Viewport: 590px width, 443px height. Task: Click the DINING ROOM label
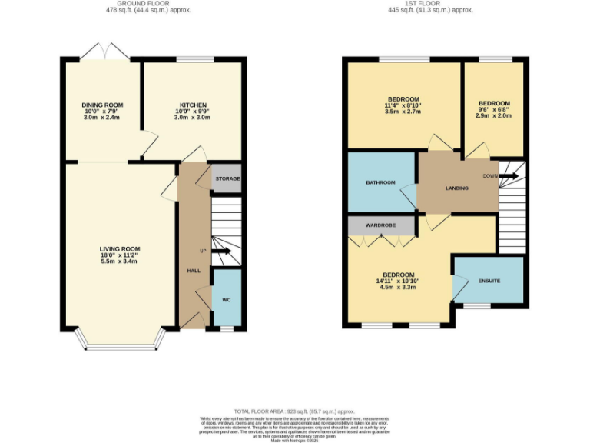point(102,105)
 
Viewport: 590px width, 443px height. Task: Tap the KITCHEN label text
point(193,105)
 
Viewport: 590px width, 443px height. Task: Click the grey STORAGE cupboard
point(227,178)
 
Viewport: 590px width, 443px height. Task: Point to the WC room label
point(226,299)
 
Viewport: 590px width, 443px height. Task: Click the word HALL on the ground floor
point(194,271)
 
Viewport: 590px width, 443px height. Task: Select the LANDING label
point(458,188)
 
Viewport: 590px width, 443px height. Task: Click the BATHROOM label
point(380,182)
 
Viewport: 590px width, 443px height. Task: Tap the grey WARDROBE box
point(380,225)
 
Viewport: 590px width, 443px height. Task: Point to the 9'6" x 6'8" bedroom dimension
point(493,109)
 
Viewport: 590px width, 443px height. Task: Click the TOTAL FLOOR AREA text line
point(294,411)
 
